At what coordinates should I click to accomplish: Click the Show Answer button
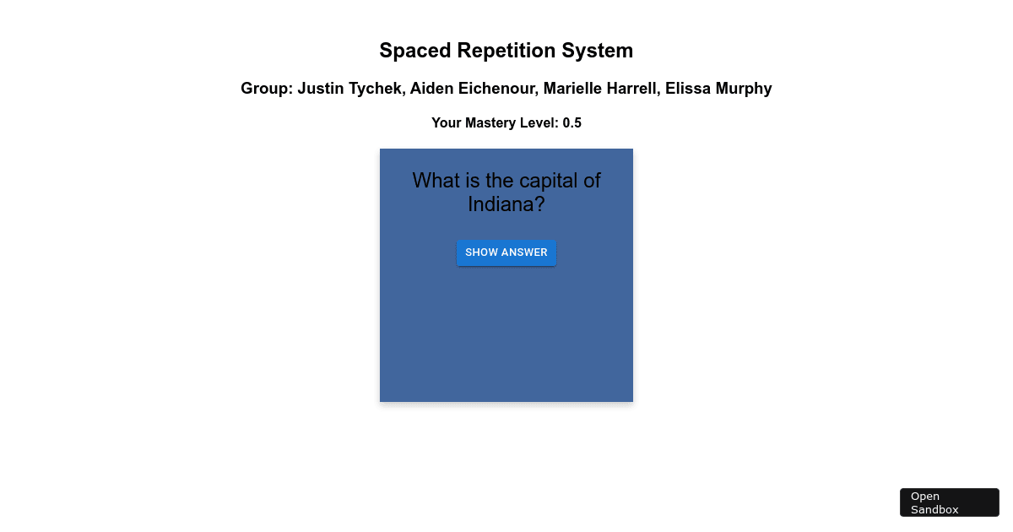(506, 252)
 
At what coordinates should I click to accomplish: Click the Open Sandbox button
(949, 502)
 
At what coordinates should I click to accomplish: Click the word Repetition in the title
(509, 51)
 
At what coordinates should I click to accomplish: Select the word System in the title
(601, 51)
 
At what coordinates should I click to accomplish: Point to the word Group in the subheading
(264, 89)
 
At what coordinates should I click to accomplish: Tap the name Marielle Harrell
(599, 89)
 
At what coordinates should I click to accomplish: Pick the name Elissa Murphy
(718, 89)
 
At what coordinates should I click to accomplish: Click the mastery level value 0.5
(572, 123)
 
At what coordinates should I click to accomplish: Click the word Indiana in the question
(501, 204)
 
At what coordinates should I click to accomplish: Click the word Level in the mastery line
(541, 123)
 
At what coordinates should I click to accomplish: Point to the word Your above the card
(447, 123)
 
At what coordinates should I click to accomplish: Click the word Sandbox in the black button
(934, 509)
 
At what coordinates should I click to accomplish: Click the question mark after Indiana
(539, 204)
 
